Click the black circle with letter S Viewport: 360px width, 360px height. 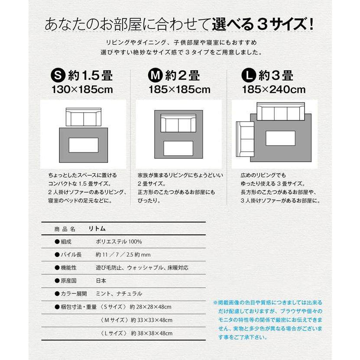[59, 76]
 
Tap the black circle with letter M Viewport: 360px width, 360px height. [156, 76]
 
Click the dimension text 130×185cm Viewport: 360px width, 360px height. [82, 91]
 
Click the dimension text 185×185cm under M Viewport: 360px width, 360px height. [179, 91]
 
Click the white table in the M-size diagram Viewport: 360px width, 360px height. [178, 148]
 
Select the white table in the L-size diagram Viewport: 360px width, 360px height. [280, 138]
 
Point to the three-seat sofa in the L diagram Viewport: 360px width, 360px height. [280, 112]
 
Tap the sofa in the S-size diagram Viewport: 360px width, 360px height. [83, 117]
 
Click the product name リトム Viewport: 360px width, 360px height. [97, 228]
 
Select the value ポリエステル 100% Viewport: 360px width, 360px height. [119, 241]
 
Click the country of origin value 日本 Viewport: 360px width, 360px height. [101, 281]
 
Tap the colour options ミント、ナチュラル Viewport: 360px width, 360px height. [118, 294]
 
